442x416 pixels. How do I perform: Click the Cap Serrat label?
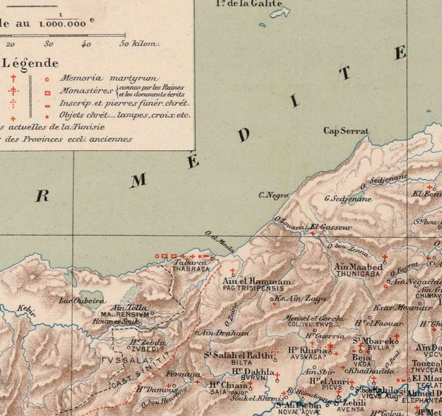(346, 131)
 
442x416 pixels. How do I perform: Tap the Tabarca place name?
(191, 262)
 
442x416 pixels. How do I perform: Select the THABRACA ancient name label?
(190, 269)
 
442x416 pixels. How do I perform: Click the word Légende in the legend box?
(30, 63)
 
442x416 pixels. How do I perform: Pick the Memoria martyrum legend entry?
(109, 78)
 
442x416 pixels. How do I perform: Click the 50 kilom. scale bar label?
(140, 44)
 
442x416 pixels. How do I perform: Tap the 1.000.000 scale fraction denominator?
(62, 23)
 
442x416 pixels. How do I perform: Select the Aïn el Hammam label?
(256, 281)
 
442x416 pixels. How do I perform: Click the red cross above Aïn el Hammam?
(233, 271)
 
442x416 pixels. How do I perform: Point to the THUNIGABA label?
(358, 274)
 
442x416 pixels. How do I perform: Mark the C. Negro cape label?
(273, 195)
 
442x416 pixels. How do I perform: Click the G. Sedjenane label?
(348, 199)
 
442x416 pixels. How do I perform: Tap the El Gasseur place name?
(330, 227)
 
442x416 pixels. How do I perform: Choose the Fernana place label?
(183, 375)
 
